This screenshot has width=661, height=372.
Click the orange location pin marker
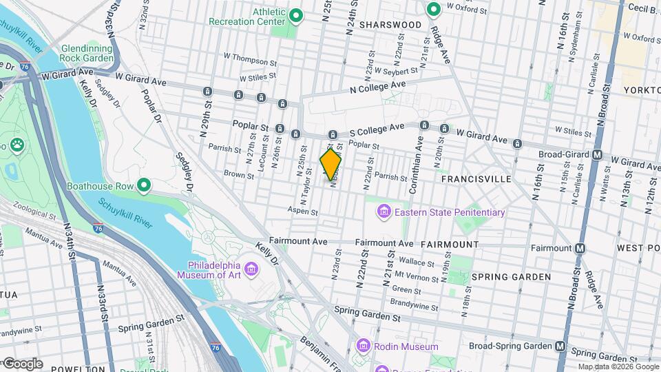tap(331, 164)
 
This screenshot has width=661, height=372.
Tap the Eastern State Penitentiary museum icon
tap(384, 212)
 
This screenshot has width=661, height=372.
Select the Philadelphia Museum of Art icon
tap(250, 267)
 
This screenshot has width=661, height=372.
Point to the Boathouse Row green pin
tap(144, 185)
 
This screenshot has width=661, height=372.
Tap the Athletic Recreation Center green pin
tap(296, 14)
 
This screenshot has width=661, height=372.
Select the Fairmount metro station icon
tap(581, 248)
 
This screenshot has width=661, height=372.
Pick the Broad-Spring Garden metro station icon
tap(561, 346)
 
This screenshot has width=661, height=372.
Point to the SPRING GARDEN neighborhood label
tap(511, 277)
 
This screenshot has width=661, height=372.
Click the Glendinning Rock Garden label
tap(87, 54)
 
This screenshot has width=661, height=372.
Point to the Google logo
tap(23, 363)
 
